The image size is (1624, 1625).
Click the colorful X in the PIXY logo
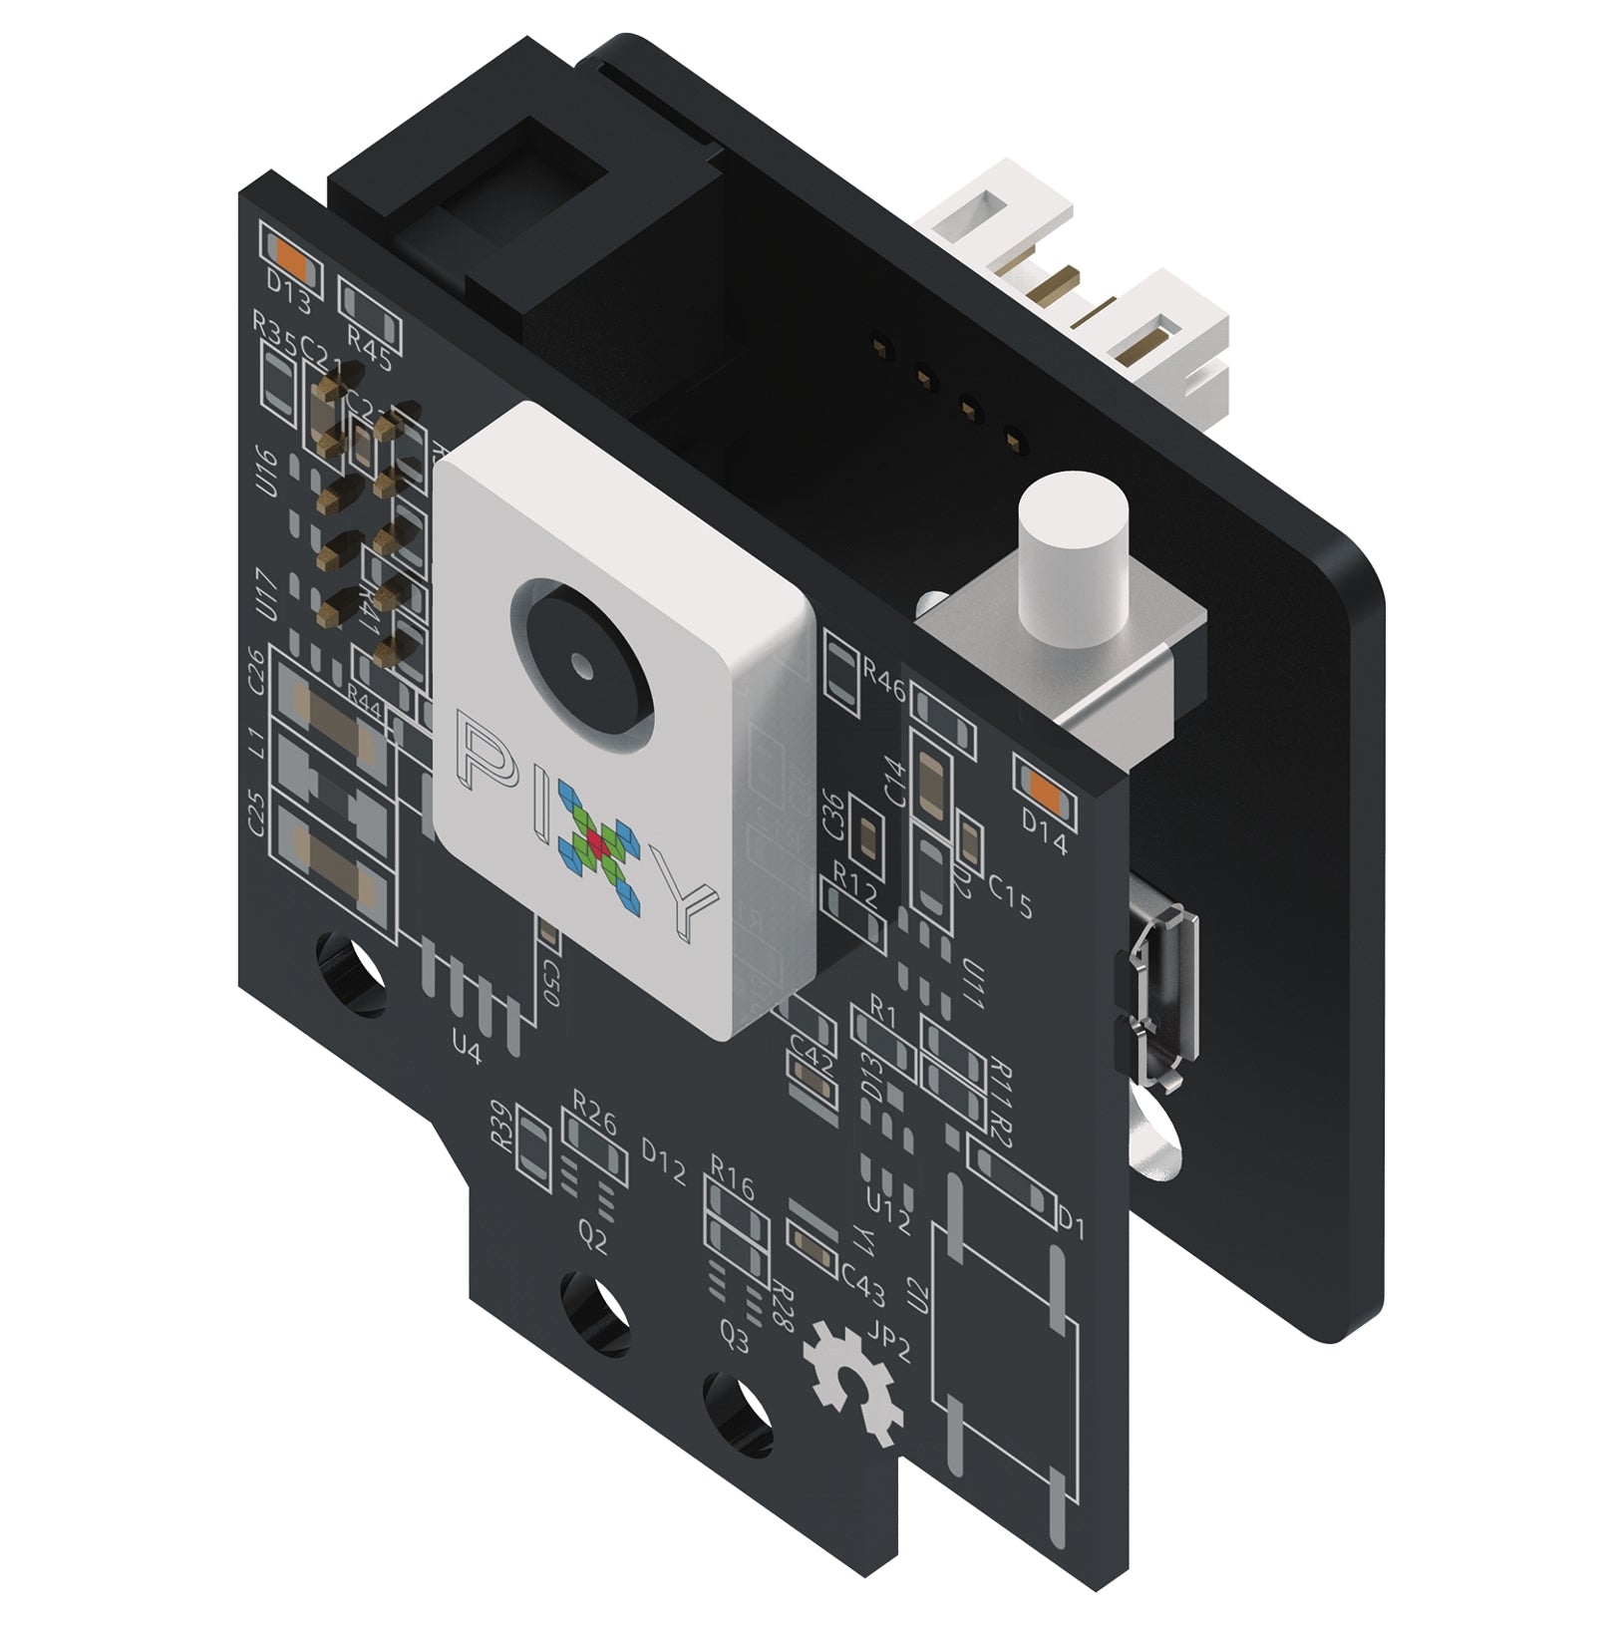[x=598, y=845]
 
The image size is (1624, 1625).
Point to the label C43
[x=862, y=1285]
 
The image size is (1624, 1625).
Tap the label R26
[x=594, y=1110]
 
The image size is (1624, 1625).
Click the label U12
[x=888, y=1213]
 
